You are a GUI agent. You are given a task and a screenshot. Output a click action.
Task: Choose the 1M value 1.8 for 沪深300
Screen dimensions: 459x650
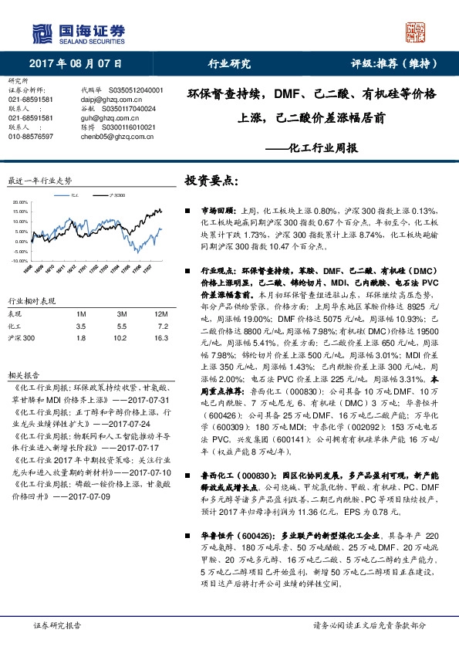point(81,338)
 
